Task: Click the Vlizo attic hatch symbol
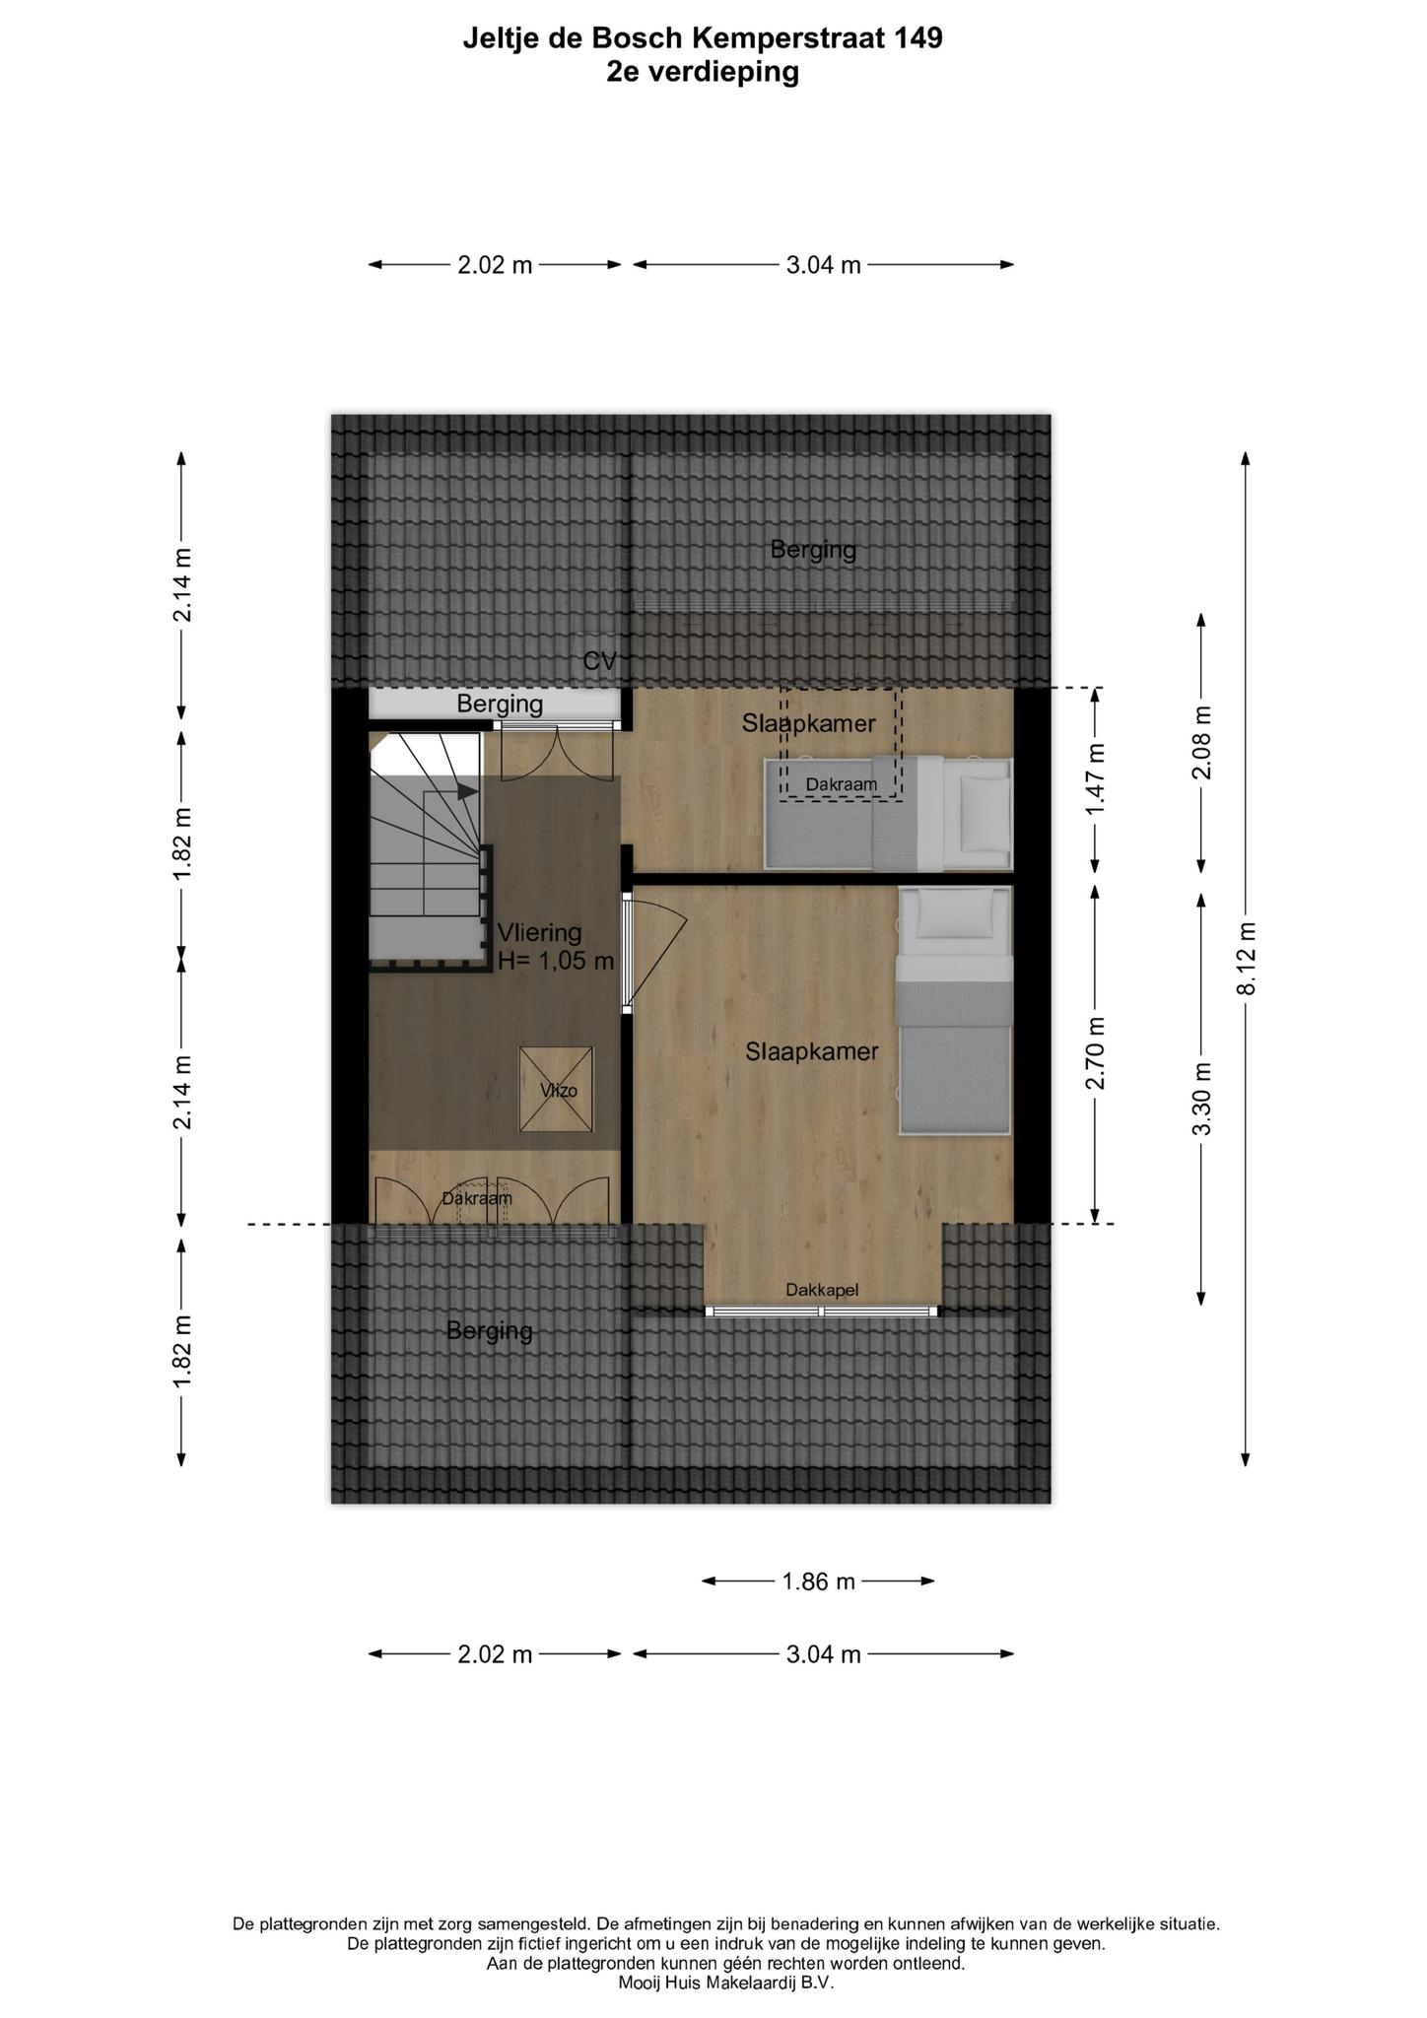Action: pos(557,1089)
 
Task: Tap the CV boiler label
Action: pos(599,661)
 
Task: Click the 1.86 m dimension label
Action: pos(818,1581)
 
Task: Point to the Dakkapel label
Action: pos(822,1289)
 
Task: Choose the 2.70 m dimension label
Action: pos(1095,1052)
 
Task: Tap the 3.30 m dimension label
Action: pos(1201,1098)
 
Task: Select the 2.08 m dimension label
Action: pos(1201,743)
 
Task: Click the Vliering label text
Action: pos(539,932)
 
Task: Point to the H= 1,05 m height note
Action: pos(556,961)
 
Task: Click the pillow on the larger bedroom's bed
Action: pos(954,913)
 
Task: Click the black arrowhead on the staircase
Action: pos(465,790)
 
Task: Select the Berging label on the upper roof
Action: pos(813,550)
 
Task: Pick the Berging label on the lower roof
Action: pos(490,1331)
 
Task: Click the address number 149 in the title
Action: pos(919,38)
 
